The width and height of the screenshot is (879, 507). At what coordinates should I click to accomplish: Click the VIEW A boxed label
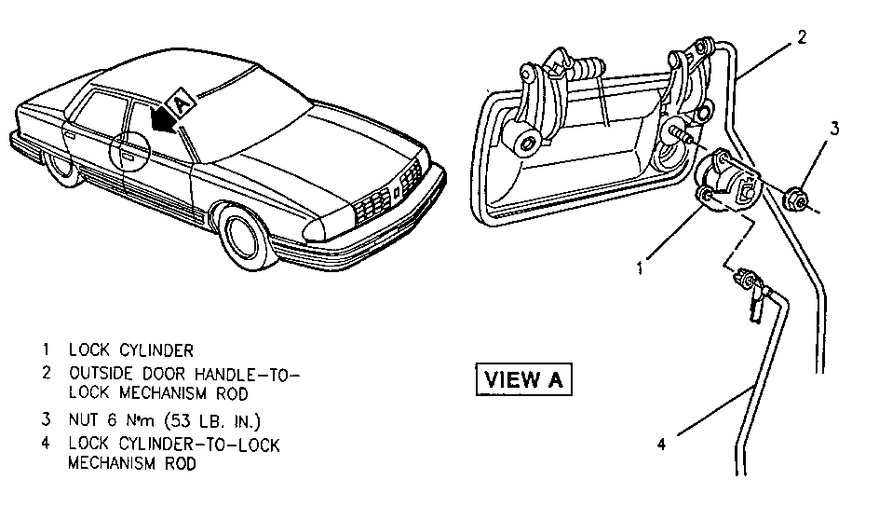tap(524, 379)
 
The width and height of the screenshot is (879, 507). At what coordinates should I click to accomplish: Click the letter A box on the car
tap(181, 96)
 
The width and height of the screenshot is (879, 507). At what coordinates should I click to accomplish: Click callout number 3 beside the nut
tap(835, 129)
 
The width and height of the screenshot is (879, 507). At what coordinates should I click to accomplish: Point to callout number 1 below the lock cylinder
tap(641, 269)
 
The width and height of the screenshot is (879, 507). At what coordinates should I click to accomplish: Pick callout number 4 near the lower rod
tap(661, 444)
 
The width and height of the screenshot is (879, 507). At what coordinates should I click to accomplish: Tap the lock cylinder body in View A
tap(730, 179)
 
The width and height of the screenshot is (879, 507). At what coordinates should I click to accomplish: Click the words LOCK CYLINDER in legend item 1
tap(130, 351)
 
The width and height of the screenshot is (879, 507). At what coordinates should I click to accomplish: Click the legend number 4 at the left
tap(45, 443)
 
